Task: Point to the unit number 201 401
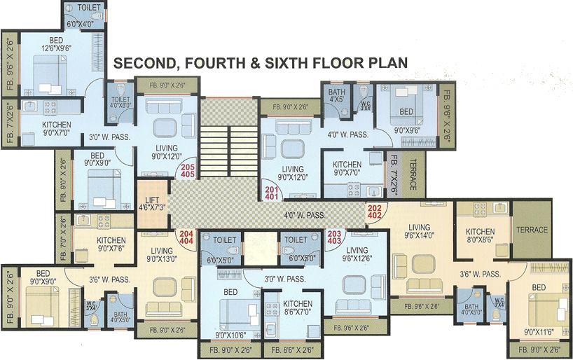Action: [270, 193]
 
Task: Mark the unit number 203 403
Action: [334, 239]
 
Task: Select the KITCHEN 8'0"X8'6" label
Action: [481, 236]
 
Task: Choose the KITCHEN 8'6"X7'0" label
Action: [298, 309]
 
